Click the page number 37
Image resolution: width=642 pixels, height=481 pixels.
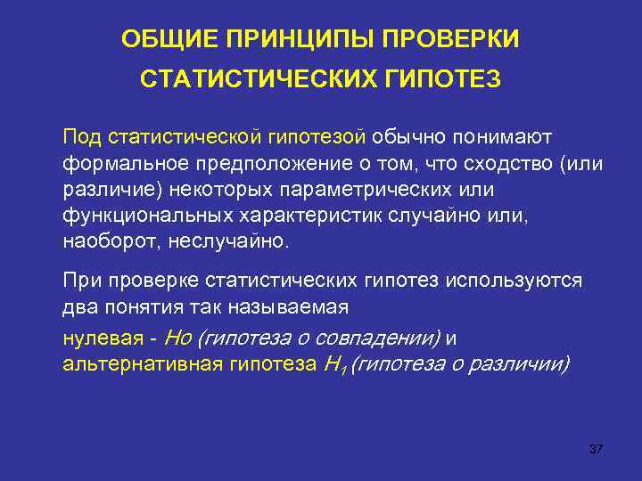tap(597, 448)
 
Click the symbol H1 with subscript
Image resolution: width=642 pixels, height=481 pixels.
tap(331, 364)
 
